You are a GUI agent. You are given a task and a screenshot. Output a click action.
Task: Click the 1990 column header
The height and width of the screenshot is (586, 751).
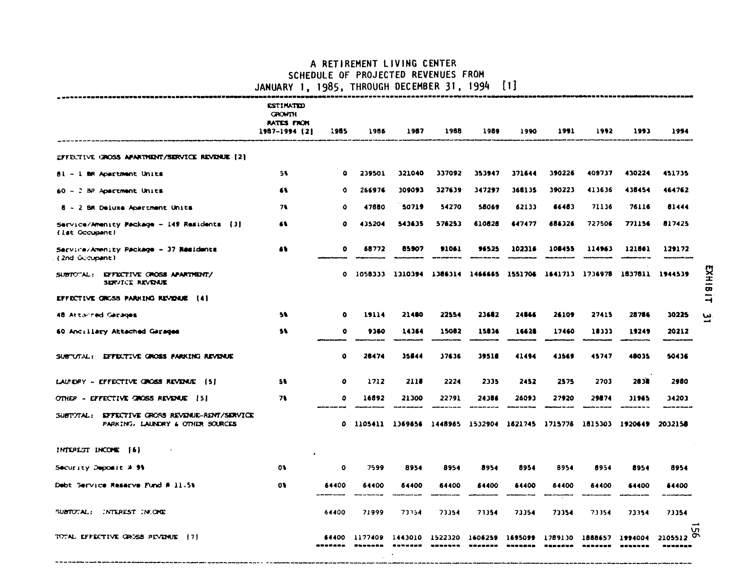click(528, 131)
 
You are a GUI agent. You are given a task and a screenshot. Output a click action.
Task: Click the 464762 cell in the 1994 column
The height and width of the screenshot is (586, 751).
click(676, 190)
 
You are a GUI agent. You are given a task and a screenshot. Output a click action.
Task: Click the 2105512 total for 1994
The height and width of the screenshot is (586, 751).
click(673, 538)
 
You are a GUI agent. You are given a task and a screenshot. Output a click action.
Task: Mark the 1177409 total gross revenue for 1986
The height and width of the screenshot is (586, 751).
click(369, 538)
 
